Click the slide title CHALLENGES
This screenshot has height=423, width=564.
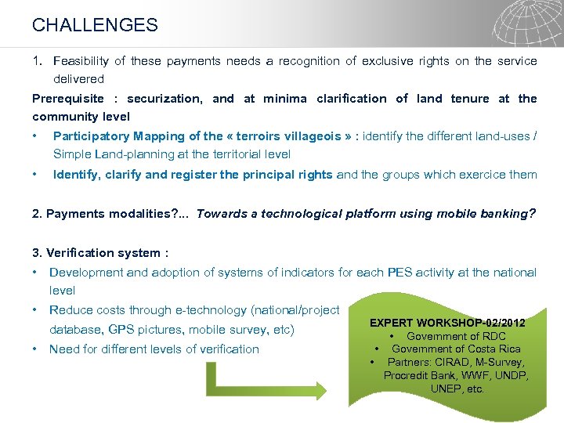[x=95, y=25]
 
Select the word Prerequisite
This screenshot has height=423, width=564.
[x=67, y=99]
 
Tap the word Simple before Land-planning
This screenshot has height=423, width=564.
[x=71, y=154]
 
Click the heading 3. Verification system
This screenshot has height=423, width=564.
[x=100, y=252]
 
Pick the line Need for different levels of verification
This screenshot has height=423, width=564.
[x=154, y=349]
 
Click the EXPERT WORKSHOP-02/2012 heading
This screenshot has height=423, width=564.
[x=447, y=323]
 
